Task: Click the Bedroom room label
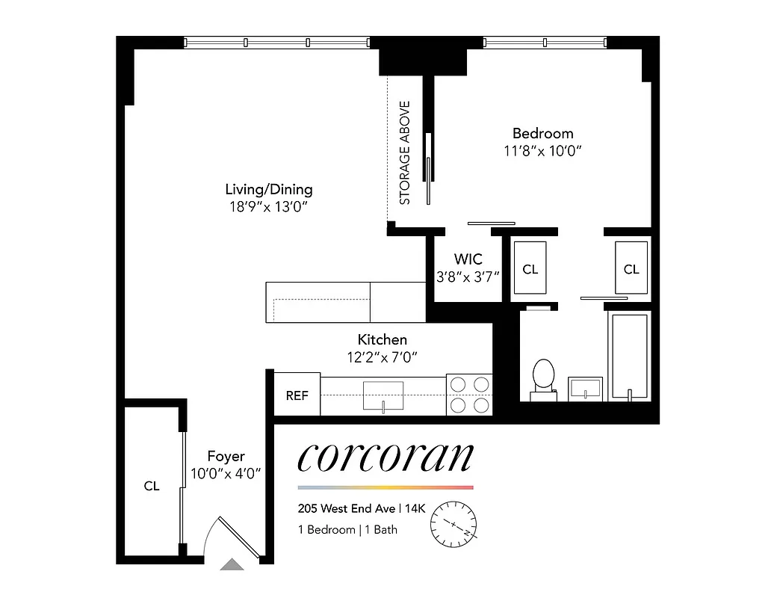click(x=542, y=133)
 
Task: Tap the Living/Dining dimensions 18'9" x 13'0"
click(x=269, y=206)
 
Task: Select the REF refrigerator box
click(x=297, y=395)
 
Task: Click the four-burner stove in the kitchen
click(x=469, y=395)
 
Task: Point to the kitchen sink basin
click(x=383, y=395)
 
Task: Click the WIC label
click(x=468, y=259)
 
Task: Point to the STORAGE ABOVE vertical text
click(x=405, y=152)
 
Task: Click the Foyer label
click(x=226, y=456)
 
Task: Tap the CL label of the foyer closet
click(x=152, y=486)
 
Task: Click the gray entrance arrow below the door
click(x=232, y=565)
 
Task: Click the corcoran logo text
click(x=386, y=457)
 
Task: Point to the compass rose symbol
click(x=453, y=523)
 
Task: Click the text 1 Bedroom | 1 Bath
click(x=347, y=530)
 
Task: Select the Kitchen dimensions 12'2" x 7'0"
click(x=381, y=357)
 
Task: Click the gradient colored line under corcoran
click(x=386, y=487)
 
